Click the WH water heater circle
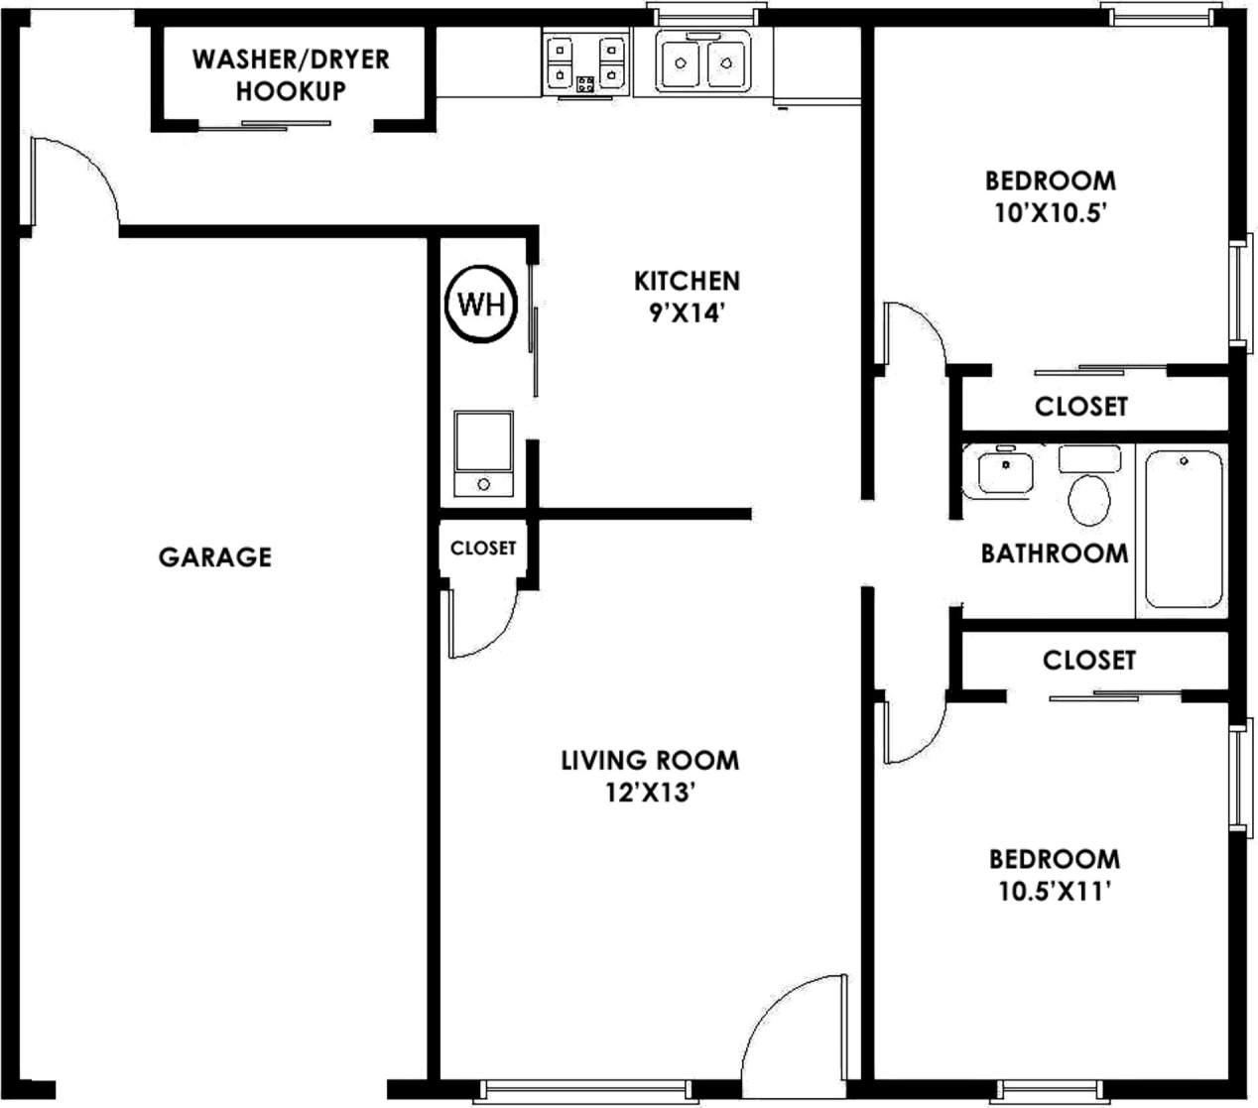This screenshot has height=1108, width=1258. pyautogui.click(x=482, y=304)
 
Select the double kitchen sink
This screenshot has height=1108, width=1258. pyautogui.click(x=703, y=63)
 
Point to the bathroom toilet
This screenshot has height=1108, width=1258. pyautogui.click(x=1089, y=498)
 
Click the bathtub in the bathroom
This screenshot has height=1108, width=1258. pyautogui.click(x=1184, y=529)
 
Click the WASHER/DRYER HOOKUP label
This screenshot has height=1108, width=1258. pyautogui.click(x=291, y=74)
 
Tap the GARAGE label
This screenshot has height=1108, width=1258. pyautogui.click(x=215, y=556)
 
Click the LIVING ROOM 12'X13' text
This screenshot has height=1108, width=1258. pyautogui.click(x=650, y=776)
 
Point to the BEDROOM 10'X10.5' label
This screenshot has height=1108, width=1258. pyautogui.click(x=1050, y=196)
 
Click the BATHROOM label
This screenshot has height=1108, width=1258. pyautogui.click(x=1054, y=553)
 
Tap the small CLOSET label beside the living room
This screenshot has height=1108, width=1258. pyautogui.click(x=483, y=548)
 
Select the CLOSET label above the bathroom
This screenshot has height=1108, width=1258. pyautogui.click(x=1080, y=407)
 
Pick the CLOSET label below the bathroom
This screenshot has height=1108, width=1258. pyautogui.click(x=1088, y=660)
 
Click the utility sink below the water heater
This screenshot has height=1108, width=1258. pyautogui.click(x=483, y=452)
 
